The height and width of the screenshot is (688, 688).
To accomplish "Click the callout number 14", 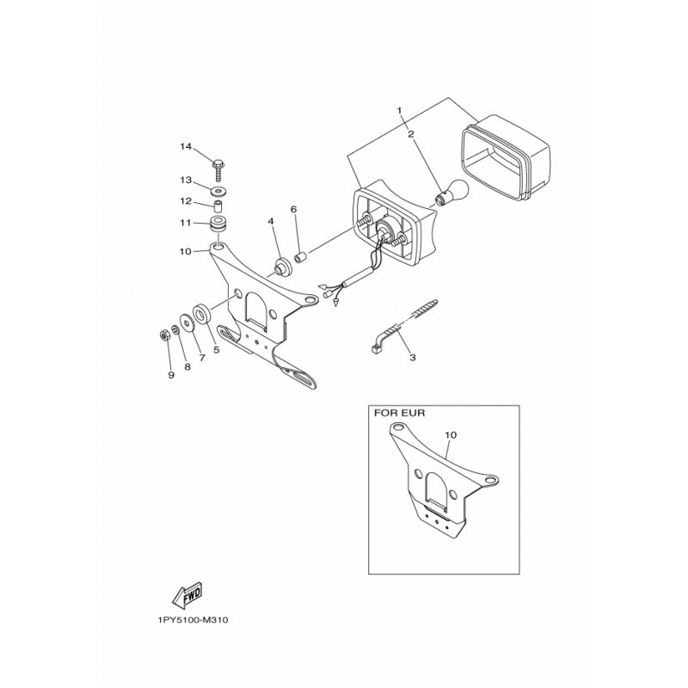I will [x=185, y=147].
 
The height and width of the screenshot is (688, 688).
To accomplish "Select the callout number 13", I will [x=185, y=181].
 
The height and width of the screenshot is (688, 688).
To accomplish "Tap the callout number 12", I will [x=185, y=201].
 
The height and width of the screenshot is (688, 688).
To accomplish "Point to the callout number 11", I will [x=184, y=222].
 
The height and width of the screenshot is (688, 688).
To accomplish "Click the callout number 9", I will [x=170, y=374].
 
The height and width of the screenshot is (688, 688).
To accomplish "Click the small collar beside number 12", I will [x=218, y=206].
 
